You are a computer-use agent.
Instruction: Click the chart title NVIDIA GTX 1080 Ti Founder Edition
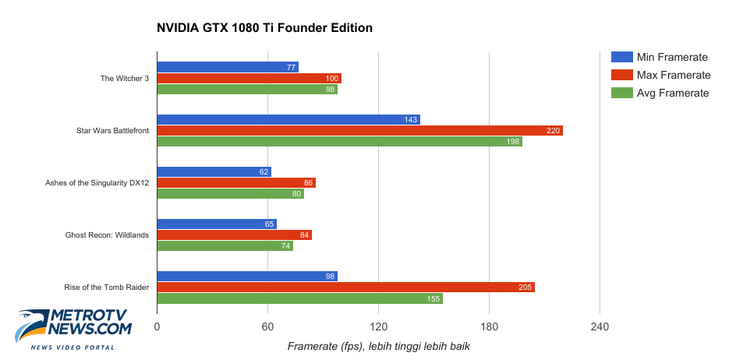point(264,28)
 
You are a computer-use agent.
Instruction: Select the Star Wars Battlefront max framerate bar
point(359,131)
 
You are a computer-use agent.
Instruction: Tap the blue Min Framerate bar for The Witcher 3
point(227,68)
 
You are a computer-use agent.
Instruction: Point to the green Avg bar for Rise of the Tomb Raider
point(299,298)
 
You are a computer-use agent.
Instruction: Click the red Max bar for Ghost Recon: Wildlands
point(234,235)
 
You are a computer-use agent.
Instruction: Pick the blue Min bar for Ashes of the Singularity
point(214,172)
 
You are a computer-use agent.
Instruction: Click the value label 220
point(553,131)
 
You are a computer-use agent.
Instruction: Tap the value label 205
point(525,288)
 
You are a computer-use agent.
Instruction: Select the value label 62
point(263,172)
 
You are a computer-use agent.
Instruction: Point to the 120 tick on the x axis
point(378,326)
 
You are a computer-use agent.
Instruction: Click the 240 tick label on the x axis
point(600,326)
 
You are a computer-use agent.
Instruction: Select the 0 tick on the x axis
point(157,326)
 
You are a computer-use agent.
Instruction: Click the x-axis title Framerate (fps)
point(378,346)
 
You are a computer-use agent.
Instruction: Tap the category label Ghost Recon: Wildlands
point(107,235)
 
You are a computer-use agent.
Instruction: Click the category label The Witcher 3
point(125,78)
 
